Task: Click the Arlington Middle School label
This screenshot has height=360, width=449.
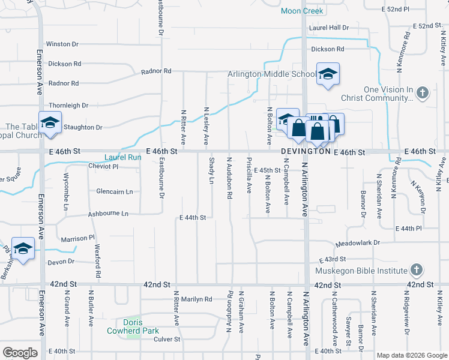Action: (272, 74)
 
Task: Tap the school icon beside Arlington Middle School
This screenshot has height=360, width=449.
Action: (328, 74)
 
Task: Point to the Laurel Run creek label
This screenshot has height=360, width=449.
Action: (122, 158)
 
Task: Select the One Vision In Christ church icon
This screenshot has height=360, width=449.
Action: (423, 93)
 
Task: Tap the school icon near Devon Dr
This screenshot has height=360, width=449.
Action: (23, 249)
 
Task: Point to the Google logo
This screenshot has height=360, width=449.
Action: (20, 353)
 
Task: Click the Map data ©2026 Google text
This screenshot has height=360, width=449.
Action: (411, 355)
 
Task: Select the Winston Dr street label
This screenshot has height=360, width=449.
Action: (62, 44)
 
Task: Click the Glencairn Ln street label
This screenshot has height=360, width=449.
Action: (114, 191)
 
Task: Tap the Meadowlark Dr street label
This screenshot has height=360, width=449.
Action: (358, 244)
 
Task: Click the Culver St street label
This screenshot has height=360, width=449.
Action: (167, 339)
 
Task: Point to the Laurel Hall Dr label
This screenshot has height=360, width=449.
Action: (329, 28)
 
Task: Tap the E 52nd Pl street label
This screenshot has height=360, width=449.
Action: (396, 10)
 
